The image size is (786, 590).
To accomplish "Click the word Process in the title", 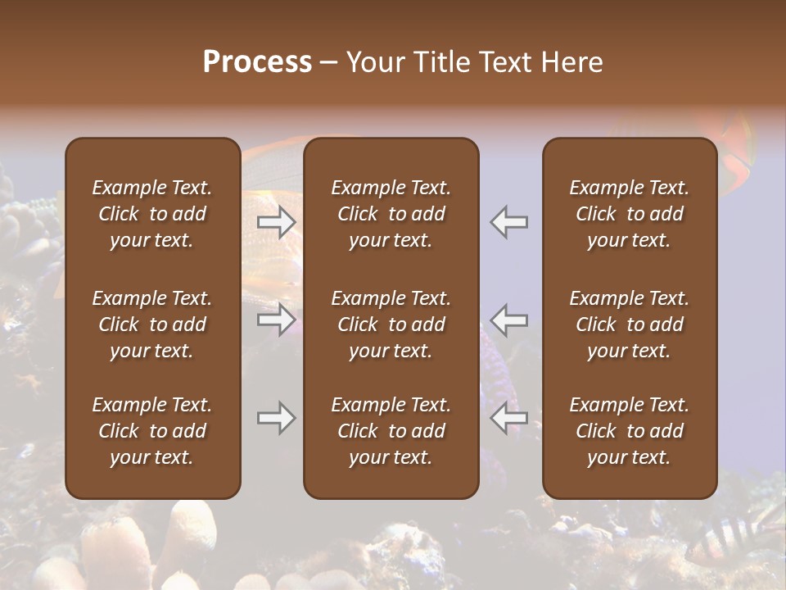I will (x=257, y=62).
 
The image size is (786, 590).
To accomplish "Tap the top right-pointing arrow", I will (x=277, y=222).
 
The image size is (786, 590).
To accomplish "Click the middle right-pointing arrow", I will (x=277, y=320).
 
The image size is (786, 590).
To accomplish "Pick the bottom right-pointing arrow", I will (x=277, y=418).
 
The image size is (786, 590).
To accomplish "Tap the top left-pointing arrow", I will (x=509, y=222).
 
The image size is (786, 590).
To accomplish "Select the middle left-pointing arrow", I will (x=509, y=320).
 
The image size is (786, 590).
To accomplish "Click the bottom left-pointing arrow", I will (x=509, y=418).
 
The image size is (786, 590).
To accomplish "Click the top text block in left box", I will (x=152, y=214).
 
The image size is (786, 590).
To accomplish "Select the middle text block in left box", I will (x=152, y=324).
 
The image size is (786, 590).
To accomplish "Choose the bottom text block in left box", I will (x=152, y=431).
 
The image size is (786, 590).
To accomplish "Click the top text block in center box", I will (x=391, y=214).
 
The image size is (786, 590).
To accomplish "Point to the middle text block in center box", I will (x=391, y=324).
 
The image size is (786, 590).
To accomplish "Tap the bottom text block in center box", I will (x=391, y=431).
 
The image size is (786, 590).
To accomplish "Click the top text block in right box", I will (x=629, y=214).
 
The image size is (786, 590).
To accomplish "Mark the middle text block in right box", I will (x=629, y=324).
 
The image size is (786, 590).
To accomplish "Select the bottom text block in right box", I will (x=629, y=431).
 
